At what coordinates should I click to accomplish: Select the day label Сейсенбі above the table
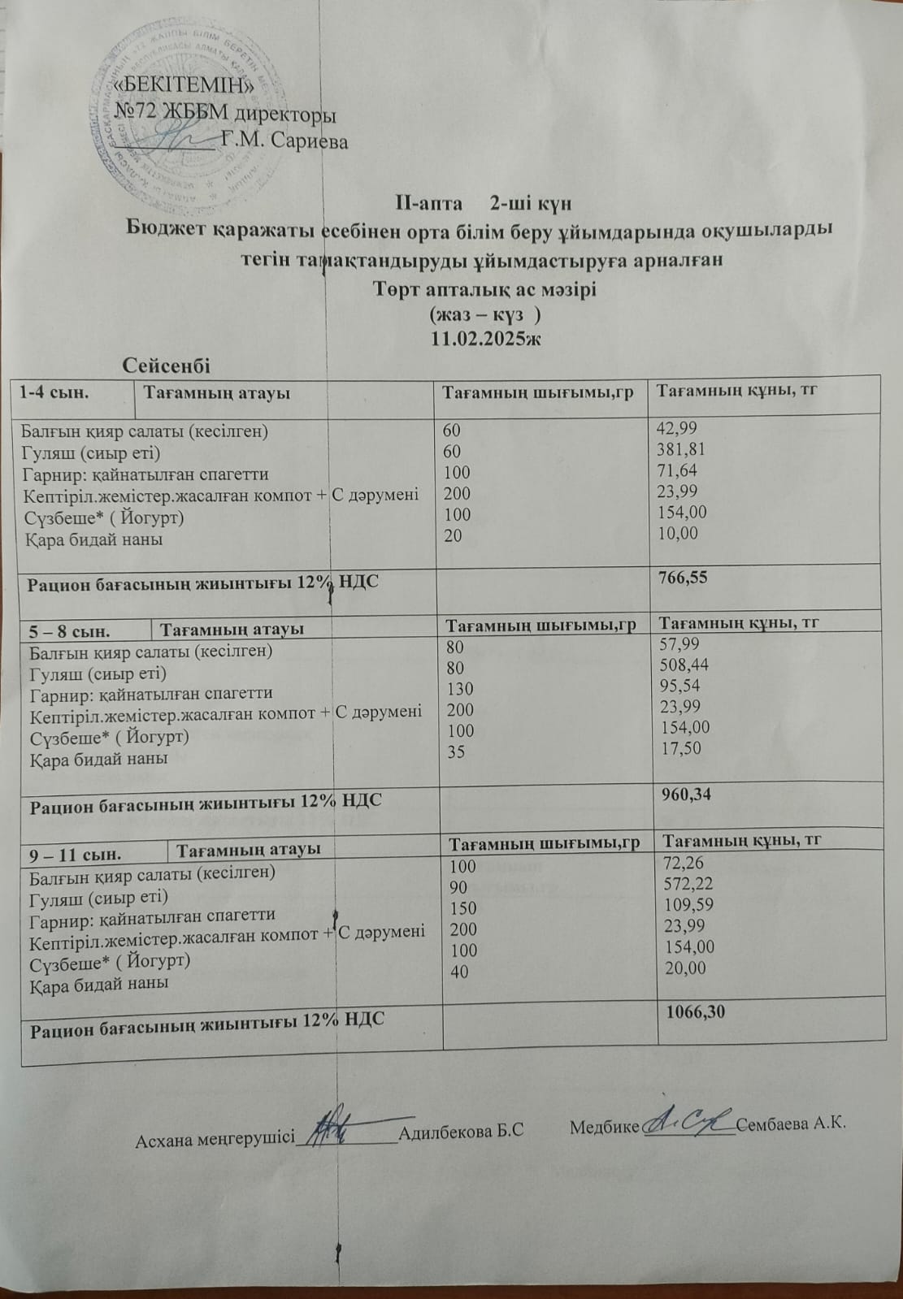[166, 366]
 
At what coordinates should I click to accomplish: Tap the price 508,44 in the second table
[689, 665]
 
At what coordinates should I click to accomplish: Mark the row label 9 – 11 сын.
[76, 854]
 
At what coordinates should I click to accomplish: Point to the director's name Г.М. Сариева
[284, 141]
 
